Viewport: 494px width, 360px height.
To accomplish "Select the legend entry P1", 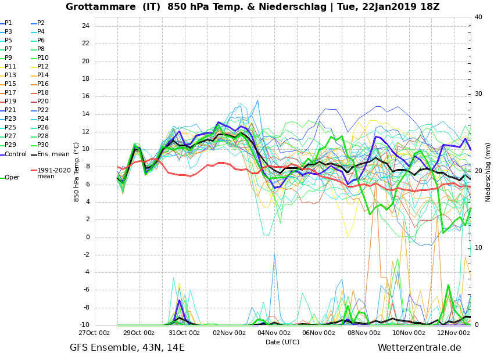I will click(8, 23).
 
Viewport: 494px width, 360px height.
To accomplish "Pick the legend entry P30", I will click(43, 145).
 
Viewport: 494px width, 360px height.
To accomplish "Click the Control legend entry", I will click(16, 154).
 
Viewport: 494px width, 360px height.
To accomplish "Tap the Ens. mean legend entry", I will click(53, 154).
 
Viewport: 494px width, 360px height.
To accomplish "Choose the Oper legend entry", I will click(12, 178).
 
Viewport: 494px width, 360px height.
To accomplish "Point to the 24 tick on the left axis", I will click(85, 26).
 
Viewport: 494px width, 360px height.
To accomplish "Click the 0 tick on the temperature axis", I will click(87, 237).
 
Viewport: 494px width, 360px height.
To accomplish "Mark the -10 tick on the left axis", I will click(84, 325).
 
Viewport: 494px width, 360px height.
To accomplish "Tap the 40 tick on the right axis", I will click(478, 17).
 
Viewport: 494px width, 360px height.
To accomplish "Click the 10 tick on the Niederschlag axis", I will click(478, 248).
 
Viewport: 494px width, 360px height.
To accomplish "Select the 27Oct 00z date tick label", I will click(95, 333).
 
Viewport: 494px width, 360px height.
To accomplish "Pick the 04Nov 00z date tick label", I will click(274, 333).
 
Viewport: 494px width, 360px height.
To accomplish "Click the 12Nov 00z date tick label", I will click(453, 333).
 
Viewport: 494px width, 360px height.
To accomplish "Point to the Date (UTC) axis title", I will click(282, 342).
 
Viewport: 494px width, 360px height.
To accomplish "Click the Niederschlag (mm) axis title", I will click(488, 172).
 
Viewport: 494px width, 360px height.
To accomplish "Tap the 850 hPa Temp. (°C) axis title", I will click(77, 172).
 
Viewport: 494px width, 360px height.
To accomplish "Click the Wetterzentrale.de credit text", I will click(419, 348).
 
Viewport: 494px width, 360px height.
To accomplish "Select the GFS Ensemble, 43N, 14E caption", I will click(127, 348).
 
